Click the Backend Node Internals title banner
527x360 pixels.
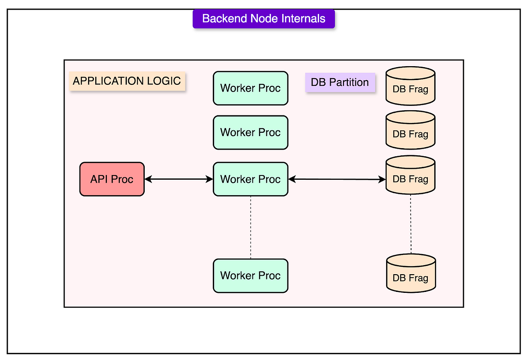[x=263, y=19]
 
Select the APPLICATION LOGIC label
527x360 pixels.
[x=127, y=81]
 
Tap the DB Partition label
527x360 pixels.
[x=340, y=82]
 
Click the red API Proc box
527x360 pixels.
[x=112, y=179]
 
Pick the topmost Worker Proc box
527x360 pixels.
[x=251, y=88]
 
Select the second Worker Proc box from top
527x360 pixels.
[x=251, y=132]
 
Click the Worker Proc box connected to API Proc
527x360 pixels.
[x=251, y=179]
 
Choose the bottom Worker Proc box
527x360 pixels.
[x=251, y=276]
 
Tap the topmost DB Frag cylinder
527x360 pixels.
[x=411, y=86]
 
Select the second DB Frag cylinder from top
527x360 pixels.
[x=411, y=130]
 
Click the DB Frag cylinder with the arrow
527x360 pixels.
[x=411, y=175]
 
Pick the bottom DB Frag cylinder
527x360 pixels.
[x=411, y=273]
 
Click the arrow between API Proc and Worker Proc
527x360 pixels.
[x=179, y=179]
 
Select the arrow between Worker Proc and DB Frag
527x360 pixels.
[x=337, y=179]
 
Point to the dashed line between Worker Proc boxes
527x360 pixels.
[x=251, y=228]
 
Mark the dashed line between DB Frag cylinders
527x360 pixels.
[x=411, y=224]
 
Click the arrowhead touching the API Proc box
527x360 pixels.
[x=148, y=179]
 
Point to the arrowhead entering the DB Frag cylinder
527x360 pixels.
[x=382, y=179]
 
